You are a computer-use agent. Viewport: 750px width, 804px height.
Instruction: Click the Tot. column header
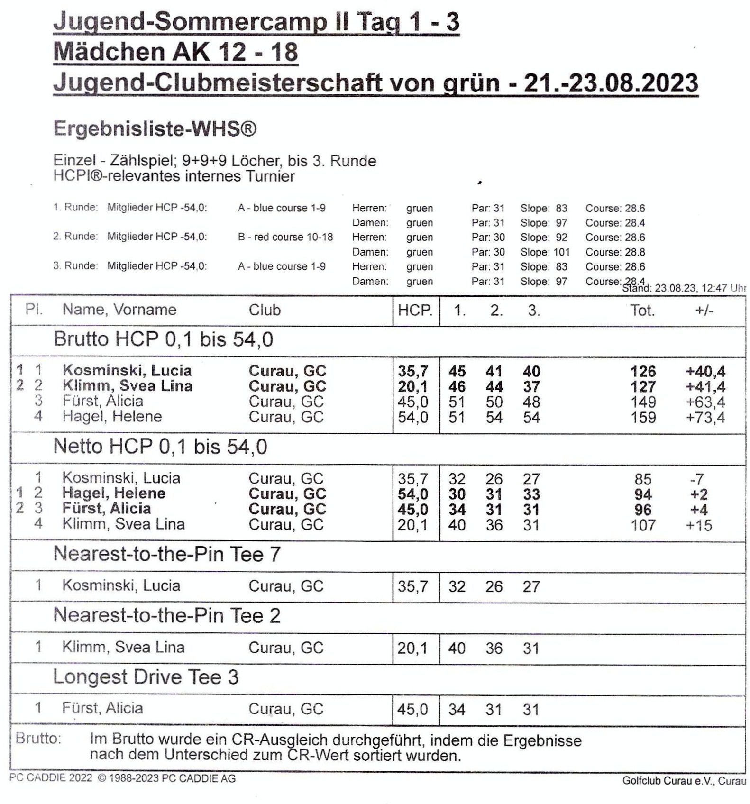[x=642, y=311]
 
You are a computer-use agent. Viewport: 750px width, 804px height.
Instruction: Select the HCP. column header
[x=415, y=311]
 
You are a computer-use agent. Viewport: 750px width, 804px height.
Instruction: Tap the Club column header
[x=265, y=310]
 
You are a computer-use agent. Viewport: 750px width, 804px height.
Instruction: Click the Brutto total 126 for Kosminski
[x=643, y=371]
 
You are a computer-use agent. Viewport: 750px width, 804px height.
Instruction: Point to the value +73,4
[x=705, y=418]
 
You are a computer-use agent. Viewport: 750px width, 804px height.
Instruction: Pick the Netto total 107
[x=643, y=525]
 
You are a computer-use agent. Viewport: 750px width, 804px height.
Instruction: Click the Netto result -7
[x=696, y=479]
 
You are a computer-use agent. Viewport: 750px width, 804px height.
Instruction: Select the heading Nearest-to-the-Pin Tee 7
[x=167, y=554]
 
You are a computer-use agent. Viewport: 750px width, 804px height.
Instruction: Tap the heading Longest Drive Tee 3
[x=146, y=677]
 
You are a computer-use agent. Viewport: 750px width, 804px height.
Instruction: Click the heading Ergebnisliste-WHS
[x=155, y=129]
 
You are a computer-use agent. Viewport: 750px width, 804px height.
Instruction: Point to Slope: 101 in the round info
[x=545, y=252]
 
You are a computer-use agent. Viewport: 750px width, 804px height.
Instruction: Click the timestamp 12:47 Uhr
[x=724, y=288]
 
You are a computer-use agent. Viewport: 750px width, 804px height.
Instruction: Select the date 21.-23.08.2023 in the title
[x=611, y=83]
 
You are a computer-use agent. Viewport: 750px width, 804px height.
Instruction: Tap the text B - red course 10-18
[x=285, y=237]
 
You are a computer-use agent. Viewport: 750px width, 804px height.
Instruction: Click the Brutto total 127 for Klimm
[x=643, y=387]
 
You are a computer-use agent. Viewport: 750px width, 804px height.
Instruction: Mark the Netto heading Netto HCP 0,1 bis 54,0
[x=160, y=447]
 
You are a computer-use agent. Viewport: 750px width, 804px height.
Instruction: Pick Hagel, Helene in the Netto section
[x=114, y=493]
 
